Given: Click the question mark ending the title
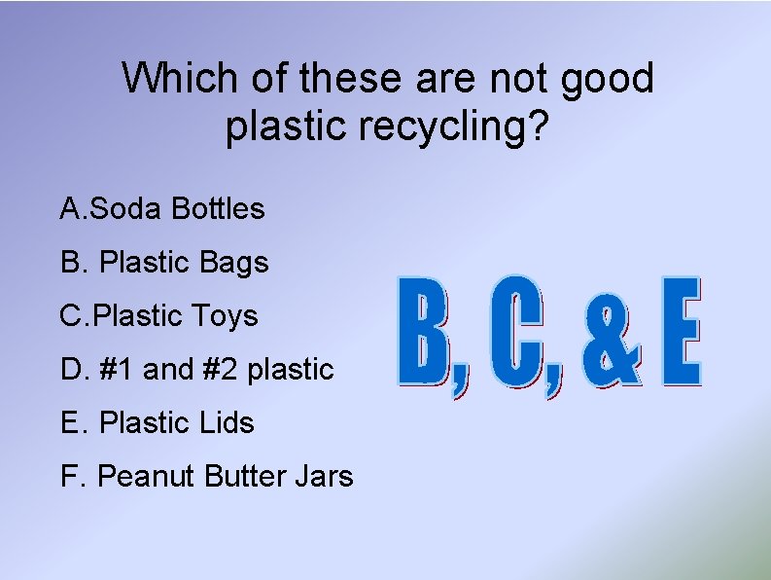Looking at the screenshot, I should [548, 127].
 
